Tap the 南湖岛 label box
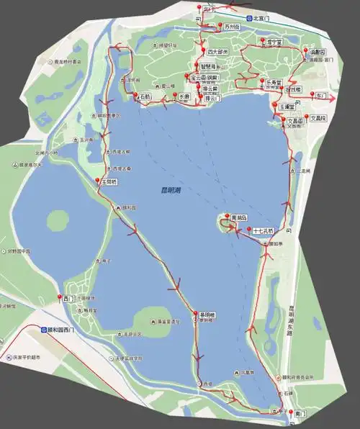point(239,217)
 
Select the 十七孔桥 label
point(264,231)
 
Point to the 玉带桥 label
point(107,183)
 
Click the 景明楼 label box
point(206,315)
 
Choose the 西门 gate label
point(68,298)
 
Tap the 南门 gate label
point(300,414)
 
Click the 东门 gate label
point(341,96)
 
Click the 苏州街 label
point(230,28)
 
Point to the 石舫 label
point(145,96)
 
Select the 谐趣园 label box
point(317,52)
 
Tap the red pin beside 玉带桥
point(98,180)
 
